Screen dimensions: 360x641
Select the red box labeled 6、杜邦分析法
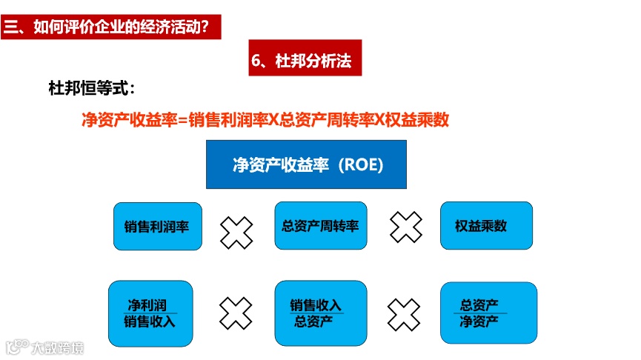(305, 61)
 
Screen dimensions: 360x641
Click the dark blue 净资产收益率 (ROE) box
(306, 164)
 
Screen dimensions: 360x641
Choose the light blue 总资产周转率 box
(320, 225)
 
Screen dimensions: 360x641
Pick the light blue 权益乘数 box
(486, 225)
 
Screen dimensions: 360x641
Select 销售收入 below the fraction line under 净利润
(149, 321)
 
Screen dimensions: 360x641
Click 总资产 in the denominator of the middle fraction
(313, 321)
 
